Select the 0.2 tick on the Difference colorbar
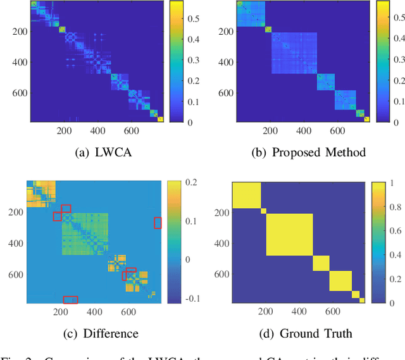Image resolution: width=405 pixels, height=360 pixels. [190, 183]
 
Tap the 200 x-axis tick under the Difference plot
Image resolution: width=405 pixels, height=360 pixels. [60, 312]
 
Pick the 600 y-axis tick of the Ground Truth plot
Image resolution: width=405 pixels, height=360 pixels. [221, 275]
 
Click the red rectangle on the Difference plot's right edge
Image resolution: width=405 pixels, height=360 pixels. [158, 223]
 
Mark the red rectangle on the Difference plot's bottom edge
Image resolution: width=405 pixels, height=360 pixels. [71, 299]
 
